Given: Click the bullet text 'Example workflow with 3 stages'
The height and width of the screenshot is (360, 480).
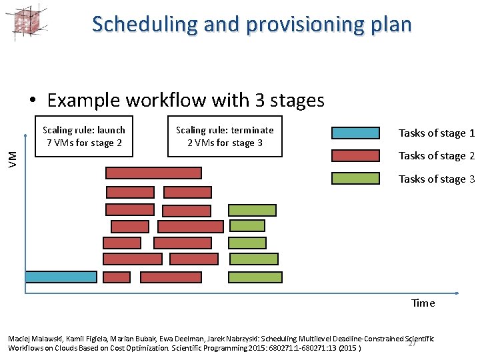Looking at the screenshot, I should [185, 100].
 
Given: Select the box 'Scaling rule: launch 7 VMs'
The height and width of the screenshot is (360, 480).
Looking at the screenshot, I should [84, 137].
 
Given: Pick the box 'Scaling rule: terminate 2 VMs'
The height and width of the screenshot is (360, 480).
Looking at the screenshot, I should [225, 137].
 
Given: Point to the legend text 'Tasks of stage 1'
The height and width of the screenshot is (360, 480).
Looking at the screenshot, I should [436, 133].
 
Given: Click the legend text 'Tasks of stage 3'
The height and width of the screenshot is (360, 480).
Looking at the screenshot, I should [436, 179].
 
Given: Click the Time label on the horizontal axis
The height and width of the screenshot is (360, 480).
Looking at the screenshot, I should [423, 303].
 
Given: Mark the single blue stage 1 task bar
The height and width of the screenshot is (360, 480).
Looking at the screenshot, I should [51, 277].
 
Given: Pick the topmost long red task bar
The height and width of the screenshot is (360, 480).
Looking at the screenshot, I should [153, 173].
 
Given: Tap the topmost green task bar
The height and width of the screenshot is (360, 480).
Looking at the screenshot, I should [252, 210].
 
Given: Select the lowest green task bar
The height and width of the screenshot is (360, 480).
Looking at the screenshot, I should [253, 277].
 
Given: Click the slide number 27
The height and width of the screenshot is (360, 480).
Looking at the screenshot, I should [412, 343].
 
